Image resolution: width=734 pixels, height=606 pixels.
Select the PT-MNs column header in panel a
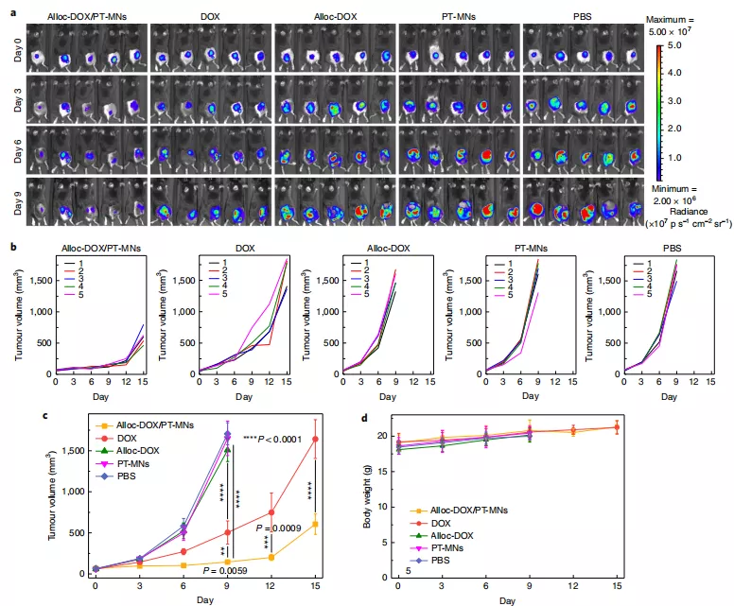pyautogui.click(x=455, y=16)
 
